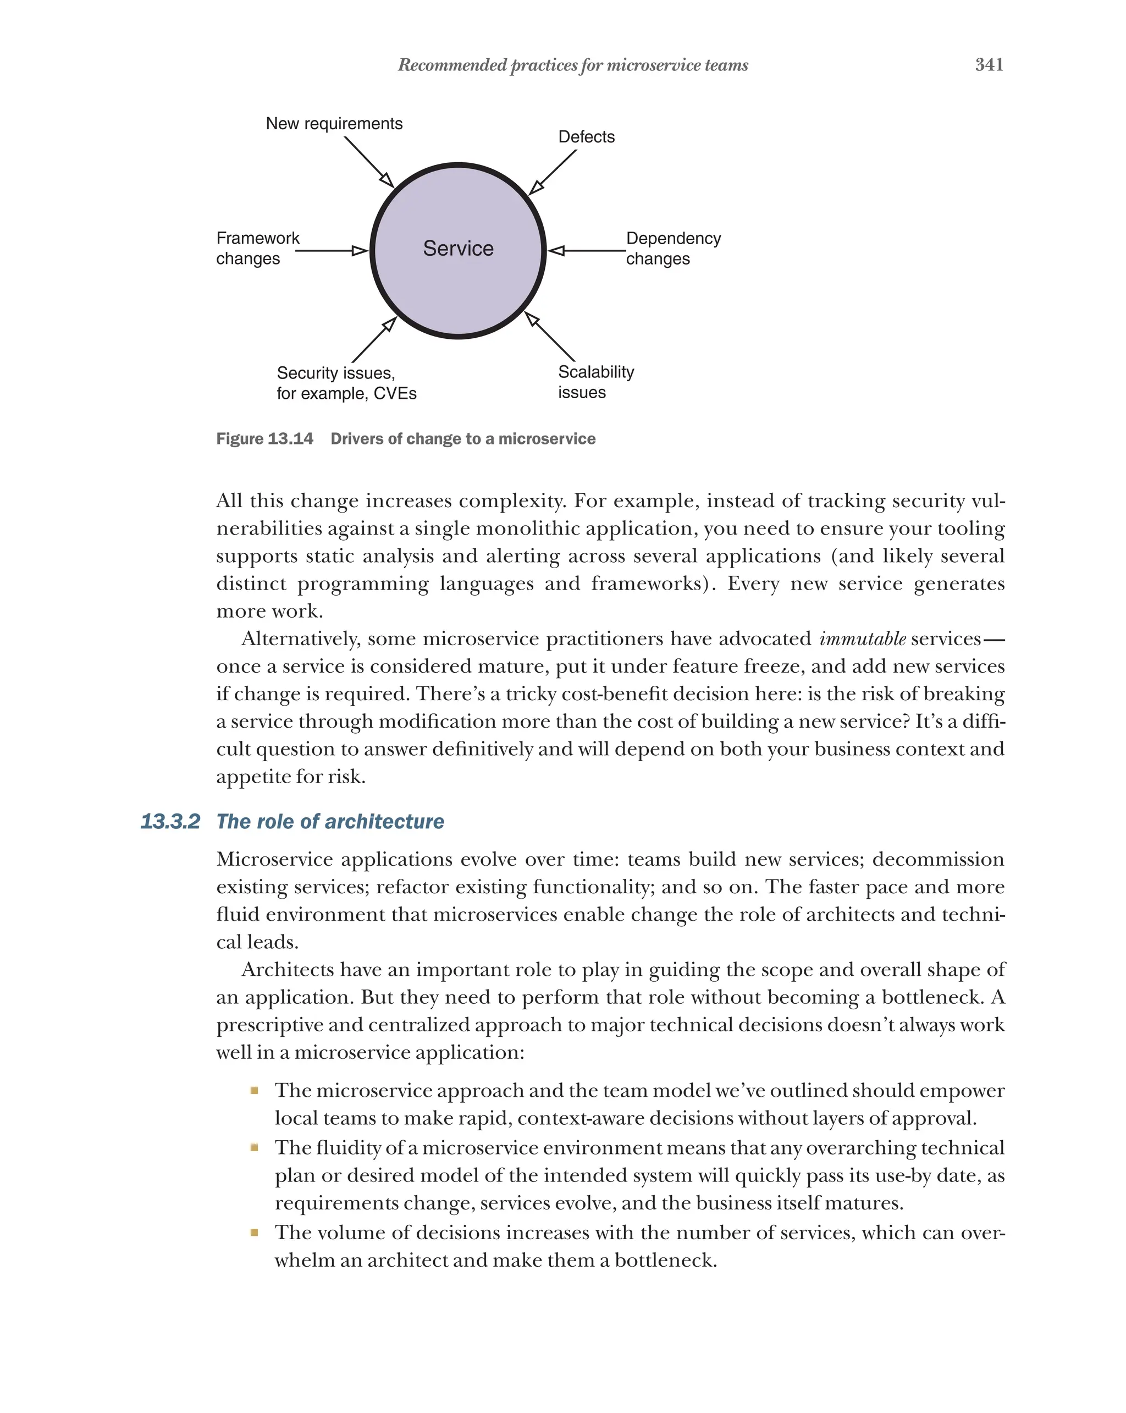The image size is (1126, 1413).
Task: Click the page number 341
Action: click(989, 64)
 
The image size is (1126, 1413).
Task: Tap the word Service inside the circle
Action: click(458, 249)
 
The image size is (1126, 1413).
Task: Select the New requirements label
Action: click(334, 124)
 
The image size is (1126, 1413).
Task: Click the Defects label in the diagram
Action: click(586, 137)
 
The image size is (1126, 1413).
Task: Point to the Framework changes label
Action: click(257, 249)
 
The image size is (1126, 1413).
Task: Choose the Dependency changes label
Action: click(673, 249)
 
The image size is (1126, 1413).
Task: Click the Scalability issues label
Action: click(595, 382)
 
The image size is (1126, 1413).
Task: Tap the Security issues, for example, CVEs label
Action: click(346, 383)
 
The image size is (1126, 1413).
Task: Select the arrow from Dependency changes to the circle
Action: click(586, 250)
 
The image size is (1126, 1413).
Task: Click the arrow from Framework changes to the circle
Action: click(331, 250)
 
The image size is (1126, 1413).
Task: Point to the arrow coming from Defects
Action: click(553, 172)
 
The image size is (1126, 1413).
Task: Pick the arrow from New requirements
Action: click(369, 162)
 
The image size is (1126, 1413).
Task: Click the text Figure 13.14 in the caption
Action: click(264, 439)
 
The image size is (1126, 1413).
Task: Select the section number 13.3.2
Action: click(170, 822)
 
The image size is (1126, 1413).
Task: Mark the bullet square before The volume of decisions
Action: click(254, 1233)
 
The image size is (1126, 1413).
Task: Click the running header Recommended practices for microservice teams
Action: click(572, 65)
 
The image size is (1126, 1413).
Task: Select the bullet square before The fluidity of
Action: click(254, 1147)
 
